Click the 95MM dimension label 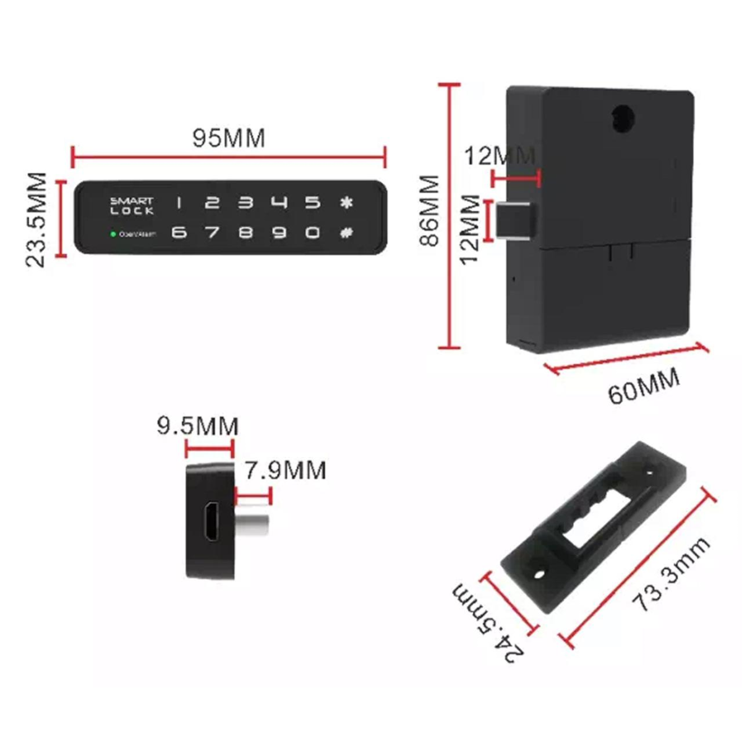[x=229, y=139]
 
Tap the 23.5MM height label [x=37, y=220]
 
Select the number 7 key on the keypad [x=212, y=233]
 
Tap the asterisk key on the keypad [x=346, y=203]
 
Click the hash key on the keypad [x=346, y=233]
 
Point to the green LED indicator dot [x=113, y=234]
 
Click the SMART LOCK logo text [x=131, y=205]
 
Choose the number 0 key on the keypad [x=313, y=233]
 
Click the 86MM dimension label [x=428, y=210]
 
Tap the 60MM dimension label [x=644, y=388]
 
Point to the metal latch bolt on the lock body [x=518, y=221]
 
